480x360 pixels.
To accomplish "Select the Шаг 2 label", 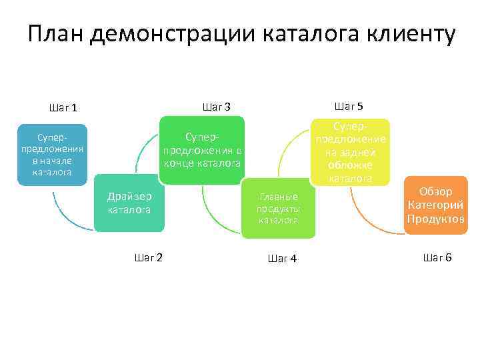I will click(x=149, y=257).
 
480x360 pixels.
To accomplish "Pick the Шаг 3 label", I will click(x=216, y=107).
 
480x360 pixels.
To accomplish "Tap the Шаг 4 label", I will click(x=282, y=259).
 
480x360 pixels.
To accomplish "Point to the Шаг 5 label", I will click(x=349, y=107).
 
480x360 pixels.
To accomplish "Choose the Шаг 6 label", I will click(x=437, y=257).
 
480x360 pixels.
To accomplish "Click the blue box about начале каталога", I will click(x=53, y=155).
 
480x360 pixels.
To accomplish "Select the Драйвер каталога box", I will click(x=129, y=203).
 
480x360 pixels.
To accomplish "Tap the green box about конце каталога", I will click(x=202, y=150).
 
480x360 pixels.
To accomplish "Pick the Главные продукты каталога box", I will click(x=278, y=208).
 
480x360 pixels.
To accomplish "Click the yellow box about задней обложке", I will click(x=350, y=152).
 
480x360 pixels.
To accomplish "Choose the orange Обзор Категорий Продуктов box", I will click(x=436, y=205).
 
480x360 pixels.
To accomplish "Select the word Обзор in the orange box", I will click(x=436, y=192).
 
